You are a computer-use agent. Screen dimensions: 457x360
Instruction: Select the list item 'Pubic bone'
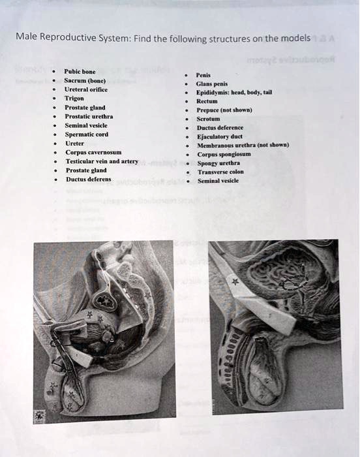(80, 71)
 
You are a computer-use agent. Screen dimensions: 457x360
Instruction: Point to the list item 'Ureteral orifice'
(86, 89)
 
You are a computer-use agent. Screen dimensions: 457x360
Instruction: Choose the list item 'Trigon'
(74, 98)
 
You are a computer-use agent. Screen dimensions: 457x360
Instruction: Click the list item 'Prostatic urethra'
(88, 116)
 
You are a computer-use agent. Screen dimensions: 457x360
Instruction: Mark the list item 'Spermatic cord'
(85, 133)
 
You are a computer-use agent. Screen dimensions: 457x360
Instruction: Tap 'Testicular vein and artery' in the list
(101, 160)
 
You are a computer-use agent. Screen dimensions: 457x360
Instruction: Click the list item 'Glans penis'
(211, 84)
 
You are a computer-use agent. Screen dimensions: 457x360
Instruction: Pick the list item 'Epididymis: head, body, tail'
(234, 92)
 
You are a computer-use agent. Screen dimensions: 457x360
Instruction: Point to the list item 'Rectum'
(207, 101)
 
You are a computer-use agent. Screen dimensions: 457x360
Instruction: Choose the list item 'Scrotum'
(209, 119)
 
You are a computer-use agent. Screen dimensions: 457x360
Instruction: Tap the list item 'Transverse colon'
(220, 172)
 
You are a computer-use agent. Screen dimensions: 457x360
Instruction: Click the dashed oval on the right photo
(294, 282)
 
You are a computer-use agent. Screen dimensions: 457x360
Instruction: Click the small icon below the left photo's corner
(40, 415)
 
